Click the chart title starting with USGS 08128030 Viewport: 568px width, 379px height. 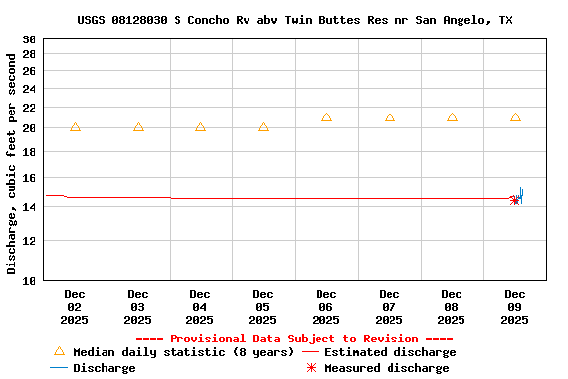click(295, 20)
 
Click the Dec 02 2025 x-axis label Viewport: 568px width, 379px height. click(75, 307)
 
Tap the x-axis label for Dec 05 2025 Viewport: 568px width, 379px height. click(263, 307)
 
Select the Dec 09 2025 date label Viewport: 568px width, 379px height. click(515, 307)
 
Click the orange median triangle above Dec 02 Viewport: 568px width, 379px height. click(75, 127)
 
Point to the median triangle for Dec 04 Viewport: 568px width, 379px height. click(200, 127)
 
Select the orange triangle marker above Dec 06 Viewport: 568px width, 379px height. click(326, 117)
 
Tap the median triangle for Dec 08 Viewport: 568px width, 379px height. click(452, 117)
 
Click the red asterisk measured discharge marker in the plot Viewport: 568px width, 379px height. click(514, 200)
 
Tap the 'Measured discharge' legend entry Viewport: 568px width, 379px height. click(386, 368)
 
